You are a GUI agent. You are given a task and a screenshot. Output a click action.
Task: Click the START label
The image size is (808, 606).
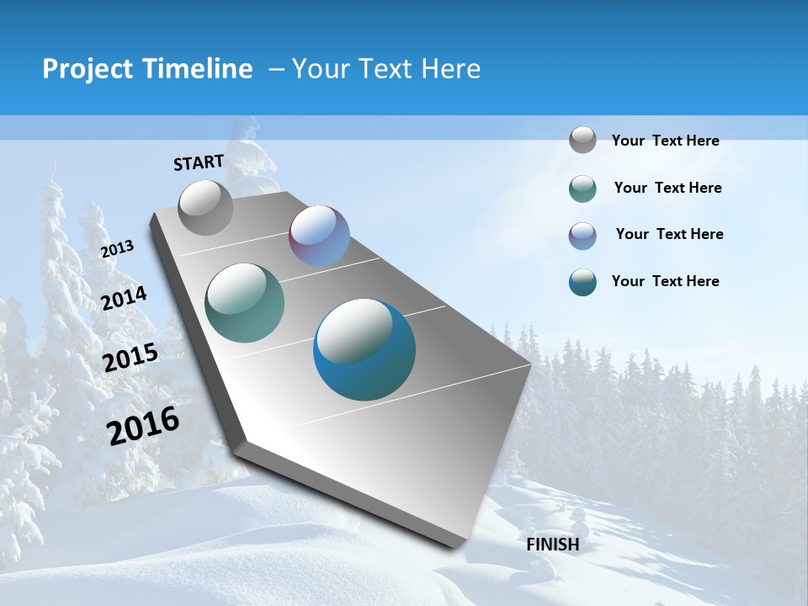click(x=199, y=162)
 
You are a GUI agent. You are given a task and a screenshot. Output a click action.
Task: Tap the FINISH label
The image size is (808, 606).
click(x=553, y=545)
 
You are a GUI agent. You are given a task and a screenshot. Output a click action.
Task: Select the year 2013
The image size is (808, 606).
click(x=117, y=249)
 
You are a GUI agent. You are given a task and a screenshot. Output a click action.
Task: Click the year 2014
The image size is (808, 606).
click(x=124, y=298)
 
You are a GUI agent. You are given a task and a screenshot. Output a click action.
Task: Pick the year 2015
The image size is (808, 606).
click(x=130, y=358)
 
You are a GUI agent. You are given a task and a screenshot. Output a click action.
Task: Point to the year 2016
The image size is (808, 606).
click(x=143, y=426)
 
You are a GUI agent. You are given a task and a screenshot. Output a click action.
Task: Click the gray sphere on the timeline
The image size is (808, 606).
click(x=205, y=207)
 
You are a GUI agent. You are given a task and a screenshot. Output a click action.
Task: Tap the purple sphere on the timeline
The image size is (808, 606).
click(x=319, y=236)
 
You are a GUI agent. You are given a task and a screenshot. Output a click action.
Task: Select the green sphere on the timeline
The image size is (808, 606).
click(x=245, y=303)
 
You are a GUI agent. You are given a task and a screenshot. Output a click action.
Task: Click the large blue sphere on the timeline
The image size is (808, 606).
click(x=364, y=349)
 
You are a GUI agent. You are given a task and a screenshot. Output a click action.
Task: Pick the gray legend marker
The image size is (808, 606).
click(x=582, y=140)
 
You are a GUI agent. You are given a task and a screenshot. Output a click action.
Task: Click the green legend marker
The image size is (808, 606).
click(x=582, y=189)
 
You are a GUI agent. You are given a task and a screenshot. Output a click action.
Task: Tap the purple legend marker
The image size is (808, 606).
click(x=582, y=236)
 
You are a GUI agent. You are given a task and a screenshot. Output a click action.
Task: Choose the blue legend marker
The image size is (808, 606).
click(x=582, y=282)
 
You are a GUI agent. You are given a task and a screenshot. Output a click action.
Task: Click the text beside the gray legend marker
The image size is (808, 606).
click(x=665, y=141)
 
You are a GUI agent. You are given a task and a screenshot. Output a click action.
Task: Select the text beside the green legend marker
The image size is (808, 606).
click(x=667, y=188)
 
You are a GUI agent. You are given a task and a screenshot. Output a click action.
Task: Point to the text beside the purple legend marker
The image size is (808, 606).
click(x=669, y=234)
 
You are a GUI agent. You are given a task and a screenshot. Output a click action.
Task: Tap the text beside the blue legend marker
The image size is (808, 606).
click(x=665, y=281)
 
